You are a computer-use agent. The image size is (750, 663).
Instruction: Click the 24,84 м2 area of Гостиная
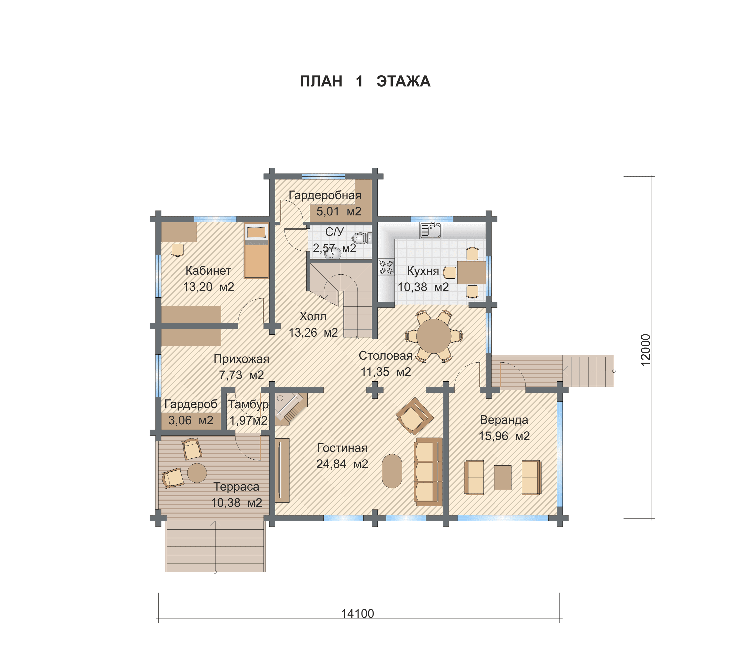pyautogui.click(x=342, y=464)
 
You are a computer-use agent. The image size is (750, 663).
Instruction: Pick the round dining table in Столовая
pyautogui.click(x=434, y=336)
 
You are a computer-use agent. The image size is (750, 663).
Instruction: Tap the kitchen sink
pyautogui.click(x=431, y=230)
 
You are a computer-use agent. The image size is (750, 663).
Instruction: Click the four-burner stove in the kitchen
pyautogui.click(x=386, y=267)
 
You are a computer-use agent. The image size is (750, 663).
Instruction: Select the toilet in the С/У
pyautogui.click(x=362, y=238)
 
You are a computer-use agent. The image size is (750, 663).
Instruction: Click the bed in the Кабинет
pyautogui.click(x=256, y=251)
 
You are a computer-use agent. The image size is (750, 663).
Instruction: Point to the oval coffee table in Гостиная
pyautogui.click(x=392, y=471)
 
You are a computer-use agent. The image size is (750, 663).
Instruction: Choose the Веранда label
pyautogui.click(x=504, y=420)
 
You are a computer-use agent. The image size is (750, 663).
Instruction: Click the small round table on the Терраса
pyautogui.click(x=197, y=473)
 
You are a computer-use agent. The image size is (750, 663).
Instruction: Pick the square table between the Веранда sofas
pyautogui.click(x=503, y=478)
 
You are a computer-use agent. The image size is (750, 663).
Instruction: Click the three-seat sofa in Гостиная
pyautogui.click(x=428, y=472)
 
